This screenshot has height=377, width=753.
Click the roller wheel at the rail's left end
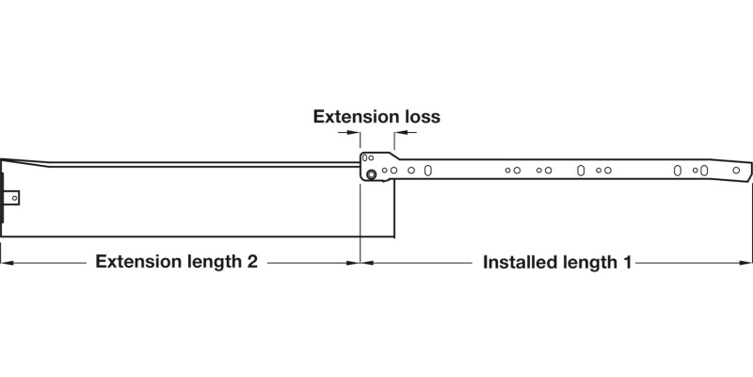[373, 174]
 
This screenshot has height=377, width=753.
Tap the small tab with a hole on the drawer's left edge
[13, 198]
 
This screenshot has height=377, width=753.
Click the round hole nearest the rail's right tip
[737, 171]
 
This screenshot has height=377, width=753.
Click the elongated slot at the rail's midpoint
[581, 171]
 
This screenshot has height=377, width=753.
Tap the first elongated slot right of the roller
[429, 171]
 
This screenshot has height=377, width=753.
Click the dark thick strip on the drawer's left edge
[3, 193]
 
